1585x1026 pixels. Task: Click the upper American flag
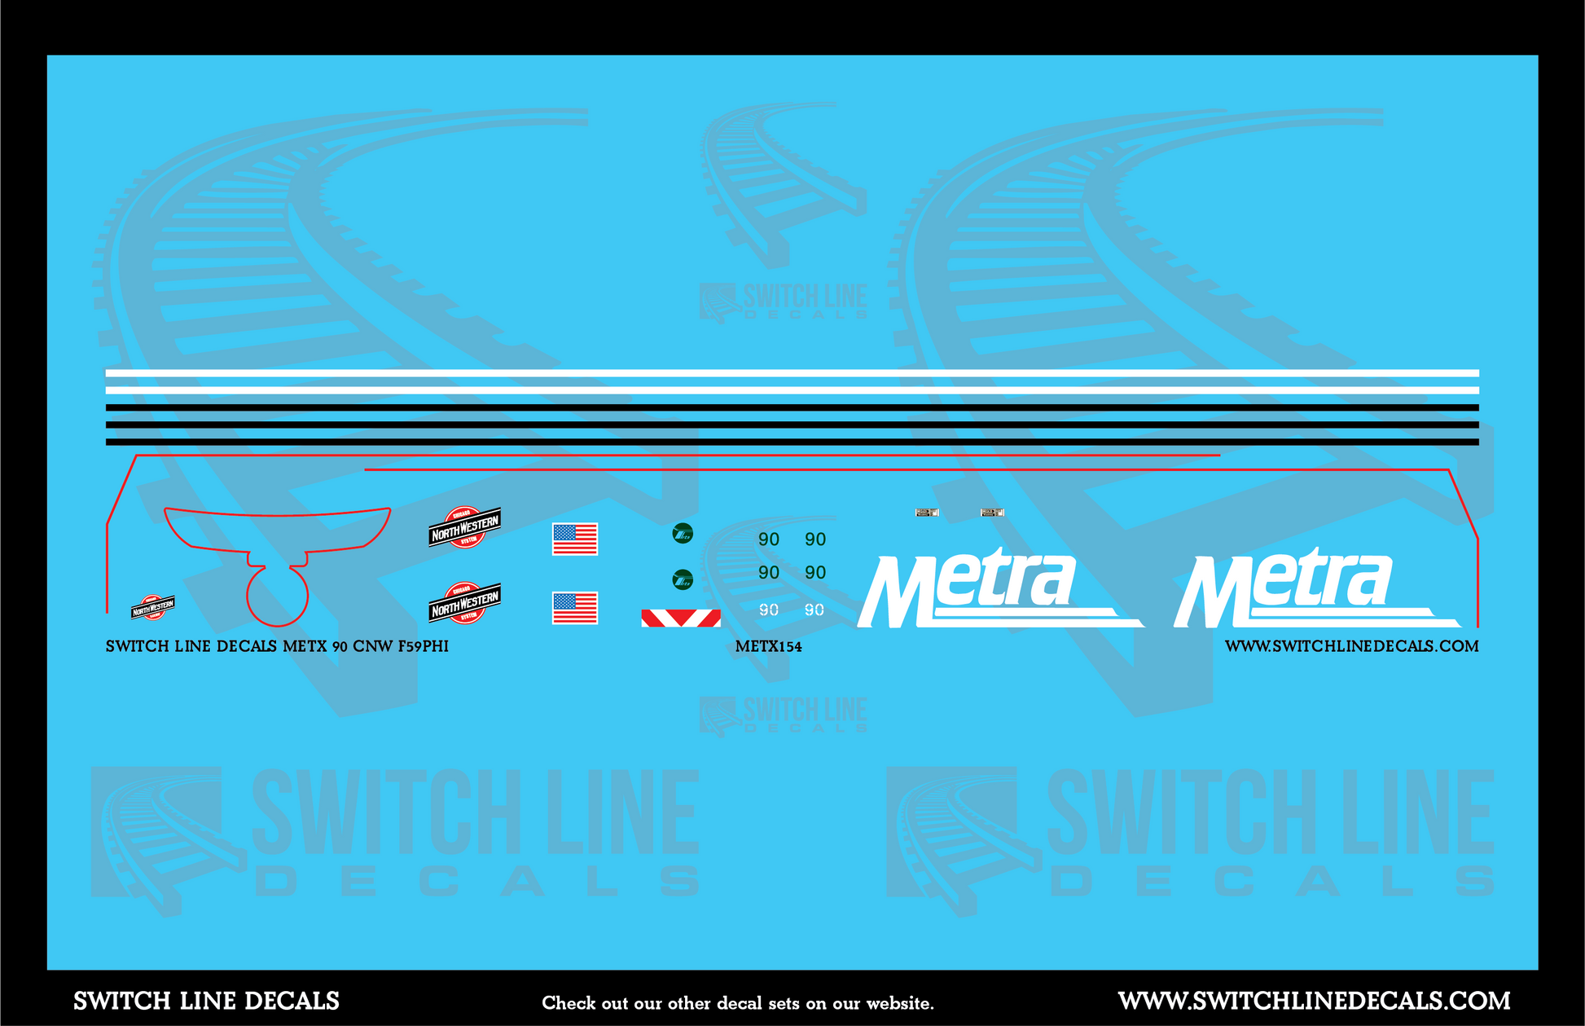(x=575, y=539)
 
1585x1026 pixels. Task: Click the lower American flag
(x=575, y=608)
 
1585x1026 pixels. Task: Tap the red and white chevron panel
(x=681, y=618)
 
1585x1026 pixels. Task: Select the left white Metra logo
(x=986, y=589)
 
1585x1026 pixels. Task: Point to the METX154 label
(x=768, y=647)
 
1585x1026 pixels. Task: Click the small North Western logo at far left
(x=153, y=607)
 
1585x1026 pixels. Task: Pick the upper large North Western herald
(x=464, y=527)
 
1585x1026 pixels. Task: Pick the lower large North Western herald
(x=464, y=603)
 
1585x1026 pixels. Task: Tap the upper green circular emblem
(x=683, y=534)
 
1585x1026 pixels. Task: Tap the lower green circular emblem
(x=683, y=579)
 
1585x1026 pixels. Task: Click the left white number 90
(x=769, y=610)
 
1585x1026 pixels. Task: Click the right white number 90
(x=814, y=610)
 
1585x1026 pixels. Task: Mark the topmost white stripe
(x=792, y=373)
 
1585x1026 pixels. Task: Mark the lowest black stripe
(x=792, y=443)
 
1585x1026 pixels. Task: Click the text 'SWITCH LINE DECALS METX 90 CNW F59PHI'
(x=277, y=646)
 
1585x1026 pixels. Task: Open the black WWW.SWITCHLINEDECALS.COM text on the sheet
(x=1351, y=646)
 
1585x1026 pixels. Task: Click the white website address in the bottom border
(x=1314, y=1001)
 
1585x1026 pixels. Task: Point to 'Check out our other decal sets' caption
(x=738, y=1003)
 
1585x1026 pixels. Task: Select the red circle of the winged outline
(x=277, y=596)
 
